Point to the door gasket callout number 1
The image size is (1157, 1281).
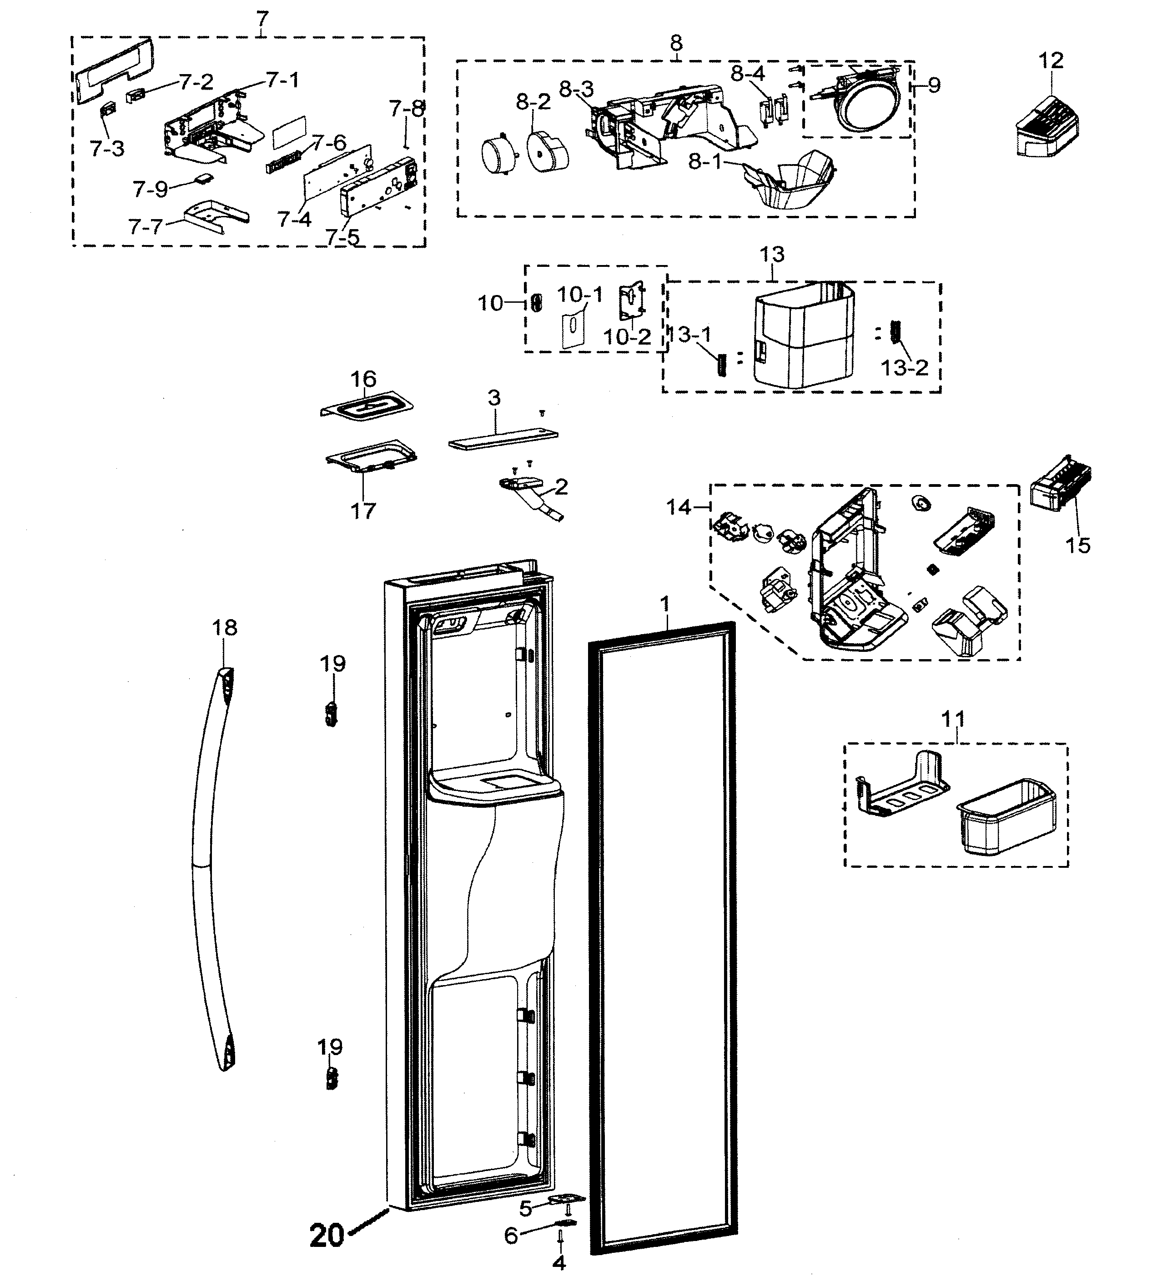(665, 603)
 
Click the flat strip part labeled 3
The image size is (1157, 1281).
(503, 438)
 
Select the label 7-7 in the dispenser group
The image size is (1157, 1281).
(146, 227)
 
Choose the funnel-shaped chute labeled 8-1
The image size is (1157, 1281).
(791, 181)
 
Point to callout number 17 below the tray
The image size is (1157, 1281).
(363, 510)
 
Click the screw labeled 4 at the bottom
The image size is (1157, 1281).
(561, 1247)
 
